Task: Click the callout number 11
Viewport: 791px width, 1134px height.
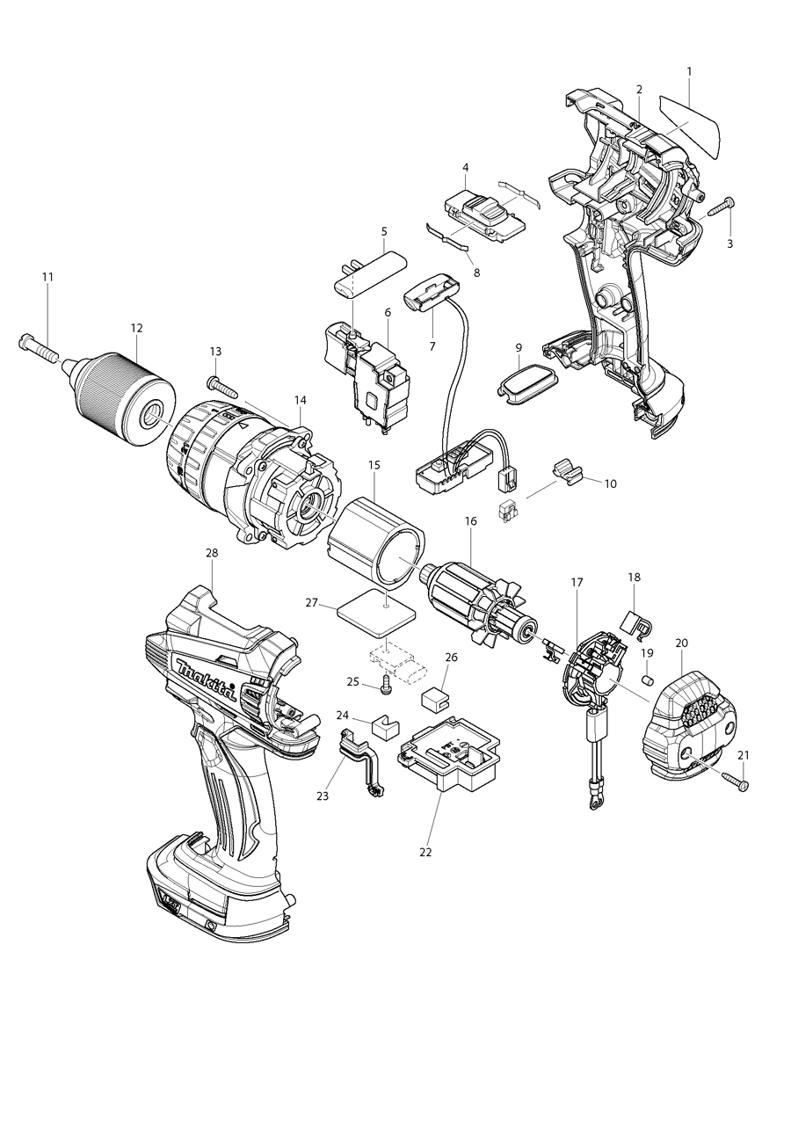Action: tap(47, 277)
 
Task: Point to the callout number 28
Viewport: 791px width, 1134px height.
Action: tap(212, 553)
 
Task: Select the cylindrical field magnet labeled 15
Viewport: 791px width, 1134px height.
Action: tap(376, 541)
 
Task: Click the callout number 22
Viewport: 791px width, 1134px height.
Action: tap(426, 852)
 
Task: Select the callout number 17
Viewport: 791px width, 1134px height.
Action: tap(577, 582)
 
